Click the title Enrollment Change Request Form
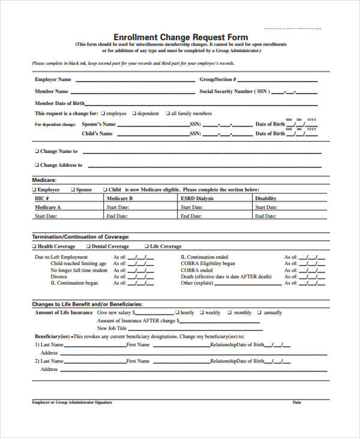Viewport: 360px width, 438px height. click(x=181, y=37)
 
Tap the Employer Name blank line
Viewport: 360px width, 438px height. click(x=135, y=80)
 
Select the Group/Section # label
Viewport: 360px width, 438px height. click(x=218, y=79)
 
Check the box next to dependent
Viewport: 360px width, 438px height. click(x=134, y=113)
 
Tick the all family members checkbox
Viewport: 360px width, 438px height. click(x=167, y=113)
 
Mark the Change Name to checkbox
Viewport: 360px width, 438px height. click(x=37, y=152)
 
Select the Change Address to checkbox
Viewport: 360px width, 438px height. click(x=37, y=165)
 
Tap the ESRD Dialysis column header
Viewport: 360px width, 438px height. click(x=196, y=198)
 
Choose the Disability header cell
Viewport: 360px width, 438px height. click(x=266, y=198)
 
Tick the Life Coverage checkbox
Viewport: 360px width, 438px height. click(x=146, y=247)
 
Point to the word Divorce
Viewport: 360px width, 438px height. click(x=59, y=277)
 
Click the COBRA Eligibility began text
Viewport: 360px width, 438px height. click(x=208, y=263)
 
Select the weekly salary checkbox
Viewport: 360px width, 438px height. click(x=201, y=313)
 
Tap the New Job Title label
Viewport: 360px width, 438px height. click(x=112, y=328)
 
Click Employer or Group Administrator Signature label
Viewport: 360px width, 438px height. click(x=72, y=402)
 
